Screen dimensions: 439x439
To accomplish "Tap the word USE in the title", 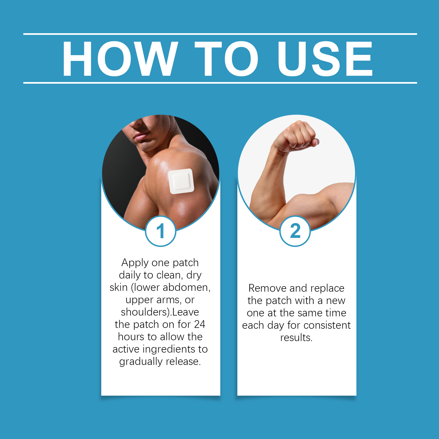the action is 325,58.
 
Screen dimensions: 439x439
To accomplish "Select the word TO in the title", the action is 226,58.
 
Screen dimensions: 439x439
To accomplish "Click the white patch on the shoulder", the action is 181,181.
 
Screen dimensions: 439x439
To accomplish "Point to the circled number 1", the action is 161,231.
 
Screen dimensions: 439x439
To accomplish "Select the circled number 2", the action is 295,231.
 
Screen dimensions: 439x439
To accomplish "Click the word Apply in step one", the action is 135,263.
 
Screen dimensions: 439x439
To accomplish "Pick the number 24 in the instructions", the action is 199,324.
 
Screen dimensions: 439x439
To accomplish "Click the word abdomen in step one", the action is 187,288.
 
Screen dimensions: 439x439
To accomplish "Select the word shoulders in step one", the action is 144,312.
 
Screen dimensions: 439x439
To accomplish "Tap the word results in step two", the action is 296,337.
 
